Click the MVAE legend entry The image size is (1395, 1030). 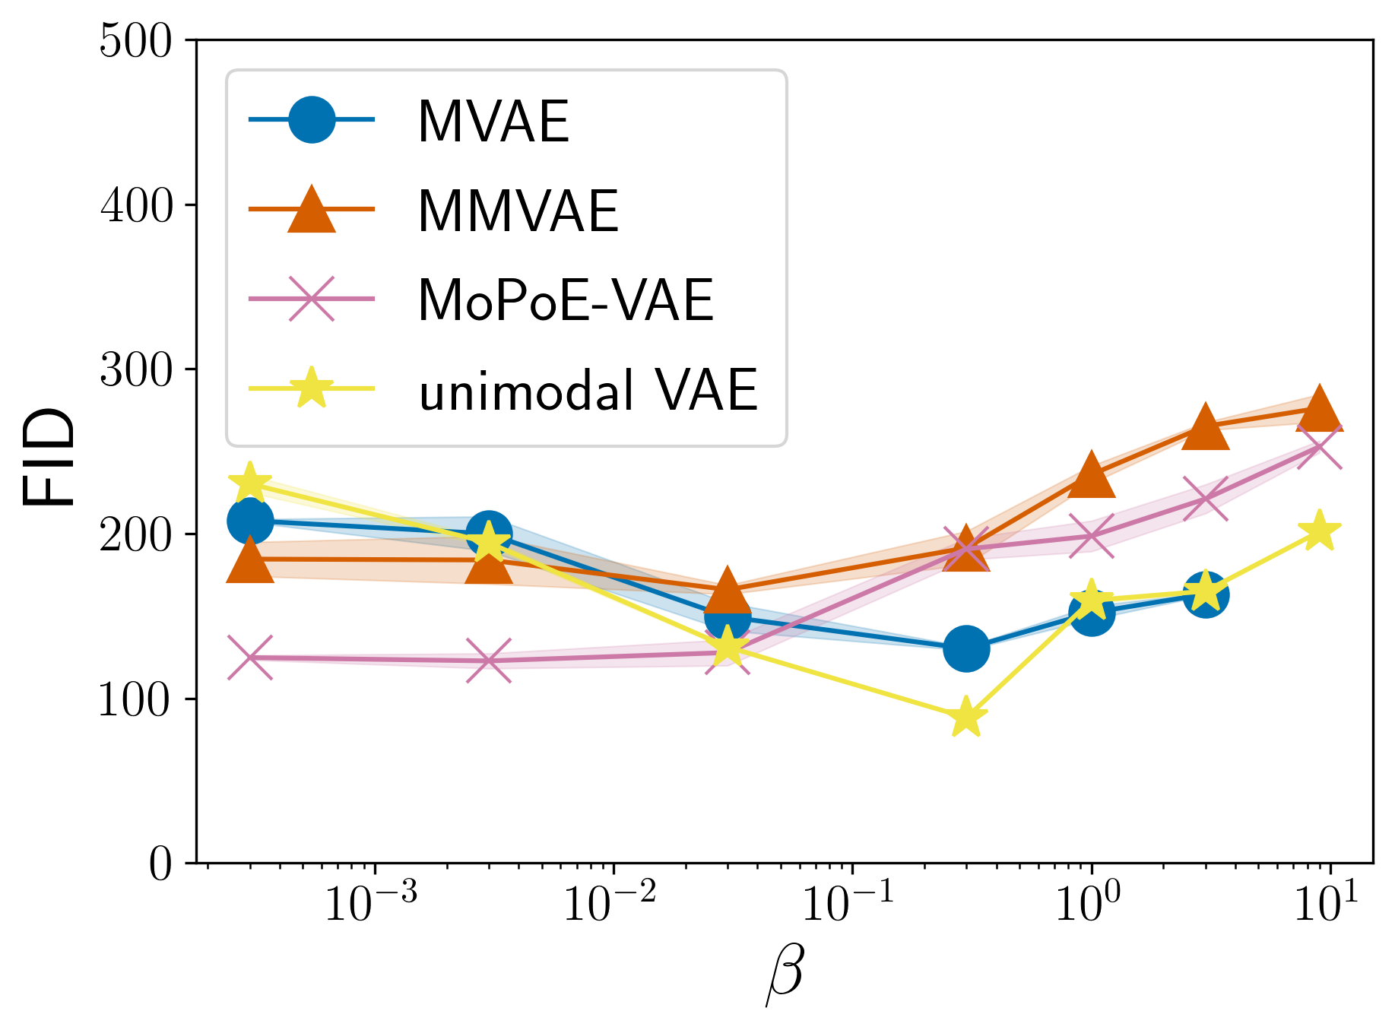click(x=493, y=122)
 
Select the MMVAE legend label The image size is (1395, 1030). click(x=518, y=211)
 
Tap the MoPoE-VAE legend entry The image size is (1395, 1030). click(x=566, y=300)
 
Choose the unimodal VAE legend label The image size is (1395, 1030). click(x=588, y=390)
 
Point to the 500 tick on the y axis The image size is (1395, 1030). click(x=136, y=41)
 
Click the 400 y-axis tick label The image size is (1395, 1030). click(x=136, y=205)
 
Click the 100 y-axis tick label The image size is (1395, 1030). click(x=136, y=699)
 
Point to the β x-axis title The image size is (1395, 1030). click(x=785, y=975)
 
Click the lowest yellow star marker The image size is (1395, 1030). click(x=966, y=717)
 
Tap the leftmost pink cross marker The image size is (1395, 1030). click(x=250, y=658)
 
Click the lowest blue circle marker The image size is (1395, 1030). click(x=966, y=648)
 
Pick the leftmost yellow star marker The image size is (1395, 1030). click(x=250, y=482)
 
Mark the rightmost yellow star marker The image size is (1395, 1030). click(x=1320, y=531)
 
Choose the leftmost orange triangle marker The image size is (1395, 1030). click(x=250, y=561)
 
